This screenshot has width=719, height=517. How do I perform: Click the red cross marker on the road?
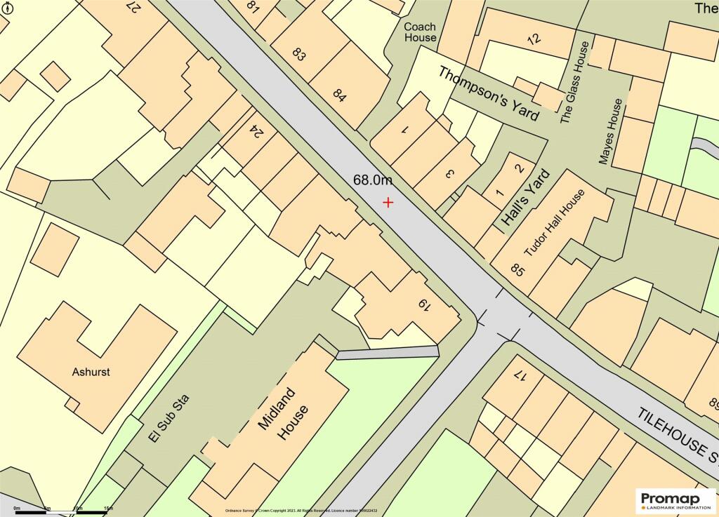pyautogui.click(x=388, y=202)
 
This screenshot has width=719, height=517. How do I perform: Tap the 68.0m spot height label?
pyautogui.click(x=372, y=180)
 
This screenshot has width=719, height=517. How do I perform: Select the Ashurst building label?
pyautogui.click(x=91, y=372)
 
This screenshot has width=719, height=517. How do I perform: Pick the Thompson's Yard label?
pyautogui.click(x=489, y=93)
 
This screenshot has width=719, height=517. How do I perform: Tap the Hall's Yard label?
pyautogui.click(x=525, y=199)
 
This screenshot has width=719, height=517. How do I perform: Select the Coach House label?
pyautogui.click(x=420, y=32)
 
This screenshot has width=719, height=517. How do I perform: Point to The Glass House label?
pyautogui.click(x=574, y=82)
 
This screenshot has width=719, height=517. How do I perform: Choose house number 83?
pyautogui.click(x=298, y=55)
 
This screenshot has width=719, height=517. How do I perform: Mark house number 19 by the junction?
pyautogui.click(x=423, y=304)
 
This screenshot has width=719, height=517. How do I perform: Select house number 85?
pyautogui.click(x=518, y=268)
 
